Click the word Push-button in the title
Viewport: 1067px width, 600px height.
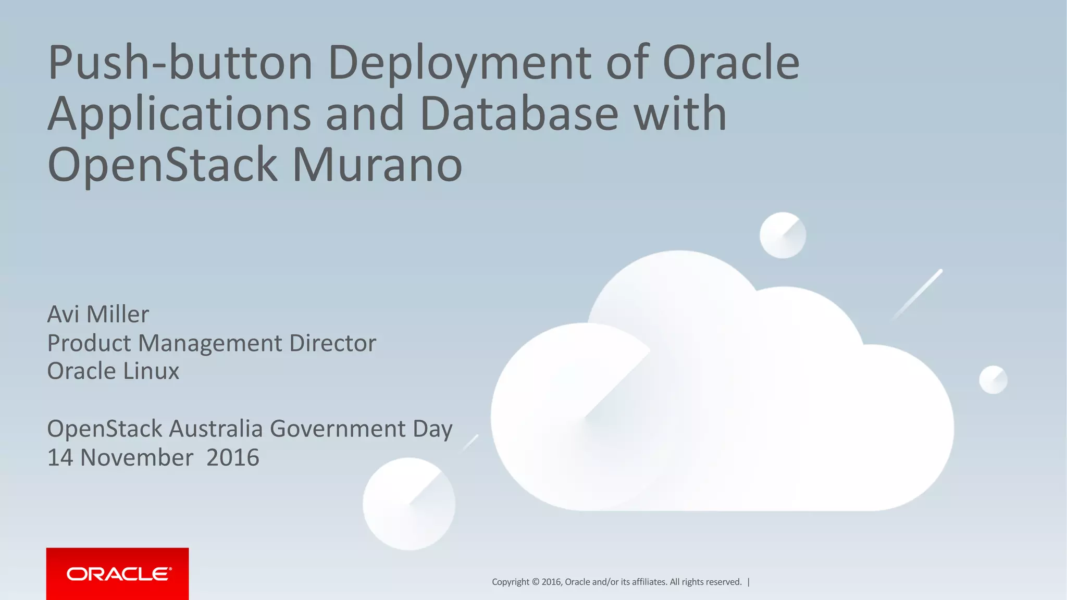180,64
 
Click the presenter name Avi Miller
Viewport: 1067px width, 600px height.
98,315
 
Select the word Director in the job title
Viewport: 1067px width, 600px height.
332,343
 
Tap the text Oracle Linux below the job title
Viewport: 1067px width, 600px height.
113,371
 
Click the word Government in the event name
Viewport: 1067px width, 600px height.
337,429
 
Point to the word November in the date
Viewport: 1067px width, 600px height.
137,458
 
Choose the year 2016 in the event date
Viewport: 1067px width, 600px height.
232,458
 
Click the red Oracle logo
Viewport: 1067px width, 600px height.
118,574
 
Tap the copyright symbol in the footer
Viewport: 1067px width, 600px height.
535,582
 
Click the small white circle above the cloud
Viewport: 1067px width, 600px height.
783,235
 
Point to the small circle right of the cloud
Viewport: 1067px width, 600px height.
993,380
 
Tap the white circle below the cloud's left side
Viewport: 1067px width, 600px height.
409,504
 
